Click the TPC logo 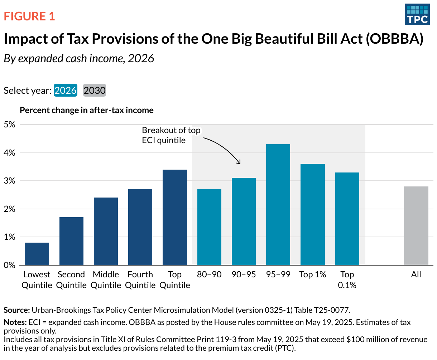[417, 14]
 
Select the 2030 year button [95, 91]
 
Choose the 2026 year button [66, 91]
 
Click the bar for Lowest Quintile [37, 254]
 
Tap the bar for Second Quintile [71, 241]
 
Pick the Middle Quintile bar [106, 231]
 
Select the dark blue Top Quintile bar [175, 217]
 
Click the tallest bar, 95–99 [278, 205]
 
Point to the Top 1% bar [313, 214]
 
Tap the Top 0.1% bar [347, 219]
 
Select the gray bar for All [416, 226]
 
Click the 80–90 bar [209, 227]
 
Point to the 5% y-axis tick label [10, 125]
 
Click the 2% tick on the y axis [10, 209]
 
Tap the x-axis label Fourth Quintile [140, 280]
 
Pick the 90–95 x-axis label [244, 274]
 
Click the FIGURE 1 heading [29, 16]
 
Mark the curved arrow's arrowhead [239, 163]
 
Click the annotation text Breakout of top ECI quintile [171, 135]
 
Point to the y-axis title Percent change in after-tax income [87, 110]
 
